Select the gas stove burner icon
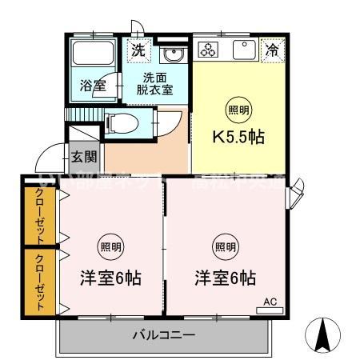pos(209,50)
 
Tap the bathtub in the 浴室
pos(93,56)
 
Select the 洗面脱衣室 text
pos(157,84)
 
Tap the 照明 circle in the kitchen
pos(238,110)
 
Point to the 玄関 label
pos(83,158)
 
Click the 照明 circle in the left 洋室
pos(111,246)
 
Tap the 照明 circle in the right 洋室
pos(226,246)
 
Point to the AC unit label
pos(270,302)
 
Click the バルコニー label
pos(163,335)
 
